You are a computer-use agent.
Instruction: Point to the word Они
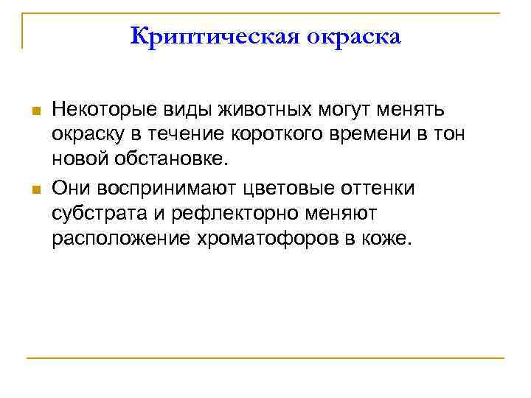[70, 188]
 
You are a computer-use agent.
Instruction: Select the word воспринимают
[158, 188]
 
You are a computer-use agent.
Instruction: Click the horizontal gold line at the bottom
[265, 358]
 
